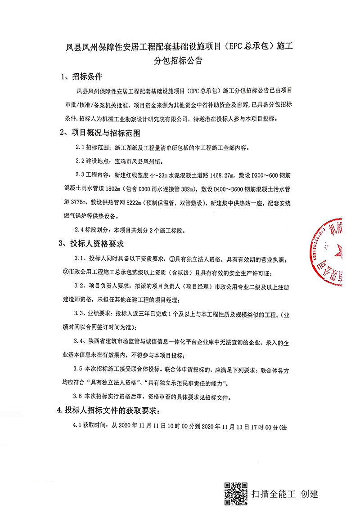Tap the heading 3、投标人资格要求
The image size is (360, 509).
tap(94, 244)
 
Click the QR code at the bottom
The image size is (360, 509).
tap(236, 493)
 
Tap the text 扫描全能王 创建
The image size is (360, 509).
tap(285, 494)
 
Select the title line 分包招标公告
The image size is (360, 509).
tap(179, 60)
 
